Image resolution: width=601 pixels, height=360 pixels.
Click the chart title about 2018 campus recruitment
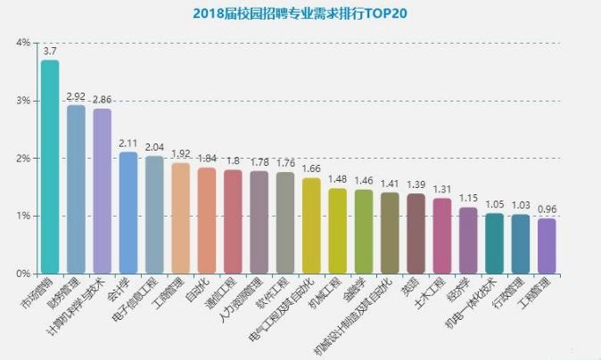coord(300,14)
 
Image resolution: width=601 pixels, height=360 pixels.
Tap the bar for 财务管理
coord(76,189)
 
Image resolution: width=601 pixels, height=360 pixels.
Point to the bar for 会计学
coord(128,213)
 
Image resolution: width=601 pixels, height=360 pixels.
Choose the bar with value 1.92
coord(180,218)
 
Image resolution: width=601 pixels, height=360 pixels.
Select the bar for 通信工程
coord(233,222)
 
